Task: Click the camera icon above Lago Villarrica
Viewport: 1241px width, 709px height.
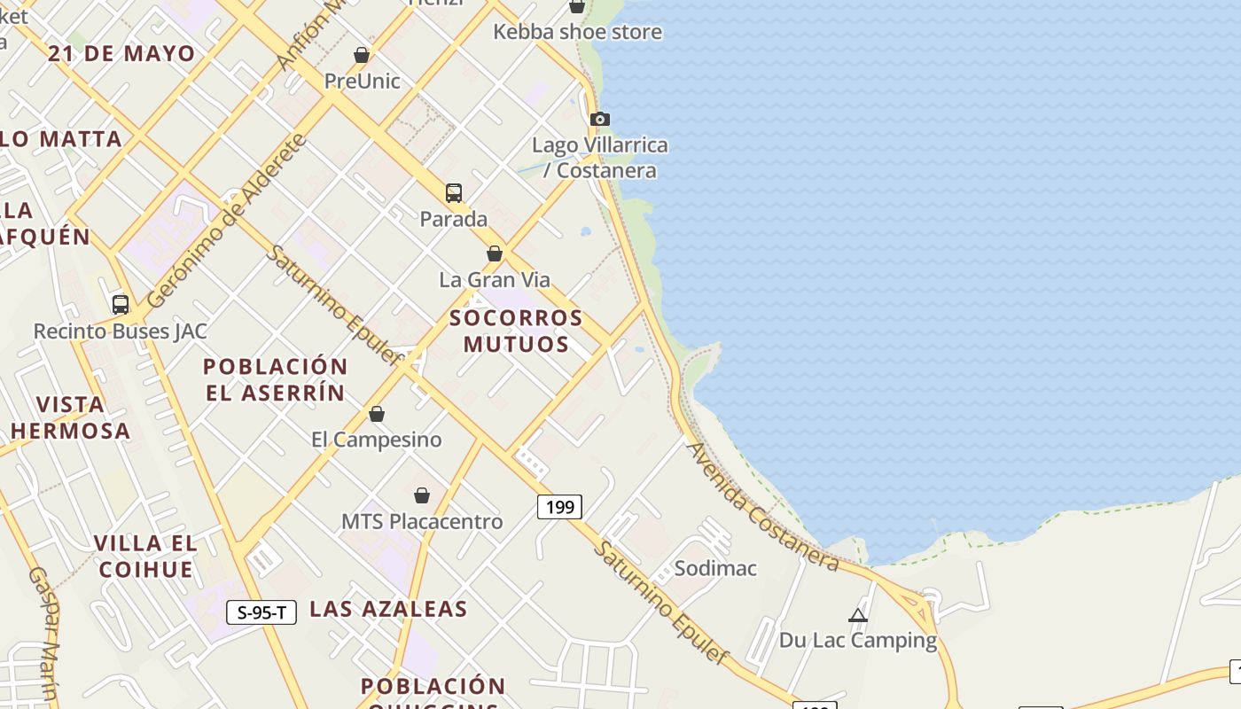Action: click(600, 119)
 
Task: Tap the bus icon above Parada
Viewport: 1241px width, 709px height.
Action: click(454, 192)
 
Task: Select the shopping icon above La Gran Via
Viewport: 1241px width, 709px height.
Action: click(495, 253)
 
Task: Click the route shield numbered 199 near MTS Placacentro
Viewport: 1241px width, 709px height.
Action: click(559, 507)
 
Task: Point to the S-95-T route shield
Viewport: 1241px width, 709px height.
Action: click(261, 612)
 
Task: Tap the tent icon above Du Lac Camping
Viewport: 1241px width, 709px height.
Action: click(857, 615)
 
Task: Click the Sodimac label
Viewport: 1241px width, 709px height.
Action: click(715, 568)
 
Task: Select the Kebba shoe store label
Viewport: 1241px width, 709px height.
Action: click(577, 32)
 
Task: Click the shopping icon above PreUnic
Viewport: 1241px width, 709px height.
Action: click(362, 55)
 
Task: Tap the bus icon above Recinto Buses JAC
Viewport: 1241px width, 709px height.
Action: click(121, 305)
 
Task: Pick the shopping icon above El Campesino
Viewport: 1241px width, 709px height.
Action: click(377, 414)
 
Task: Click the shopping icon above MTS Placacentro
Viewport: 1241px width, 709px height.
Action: click(422, 495)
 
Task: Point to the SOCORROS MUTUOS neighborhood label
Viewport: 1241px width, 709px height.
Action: click(516, 331)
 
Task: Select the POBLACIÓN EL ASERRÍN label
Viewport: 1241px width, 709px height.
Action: click(276, 379)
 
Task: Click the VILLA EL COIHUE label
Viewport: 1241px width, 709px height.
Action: click(145, 556)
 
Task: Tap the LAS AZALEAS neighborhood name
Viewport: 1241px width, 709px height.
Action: click(388, 609)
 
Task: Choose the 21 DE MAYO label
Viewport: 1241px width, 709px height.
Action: click(121, 53)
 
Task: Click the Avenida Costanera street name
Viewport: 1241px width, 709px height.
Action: click(763, 506)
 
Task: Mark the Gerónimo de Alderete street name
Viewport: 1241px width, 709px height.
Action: click(227, 221)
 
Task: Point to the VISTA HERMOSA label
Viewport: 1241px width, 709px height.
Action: click(71, 417)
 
